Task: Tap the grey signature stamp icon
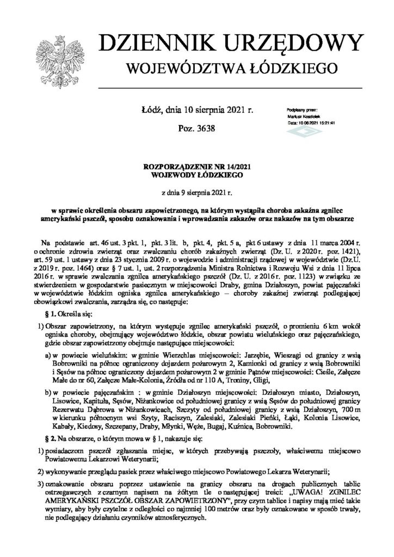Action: point(298,131)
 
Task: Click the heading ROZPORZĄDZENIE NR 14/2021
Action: point(196,166)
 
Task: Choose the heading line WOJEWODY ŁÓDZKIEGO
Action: point(196,175)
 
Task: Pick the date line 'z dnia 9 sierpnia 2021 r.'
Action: point(196,192)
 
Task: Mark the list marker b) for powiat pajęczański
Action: point(48,390)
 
